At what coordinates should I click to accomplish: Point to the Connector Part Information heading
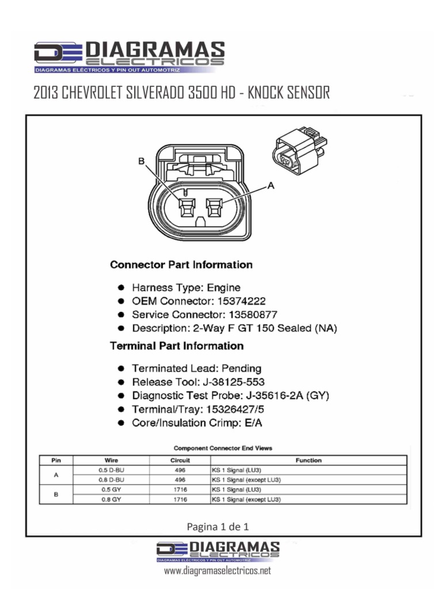click(x=181, y=265)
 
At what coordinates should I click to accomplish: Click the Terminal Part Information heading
click(x=176, y=346)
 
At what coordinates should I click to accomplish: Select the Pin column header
click(x=56, y=460)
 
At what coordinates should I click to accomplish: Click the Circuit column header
click(x=180, y=460)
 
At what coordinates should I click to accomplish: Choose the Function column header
click(x=308, y=460)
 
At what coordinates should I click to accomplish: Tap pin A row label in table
click(x=56, y=475)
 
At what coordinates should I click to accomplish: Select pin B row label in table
click(x=56, y=495)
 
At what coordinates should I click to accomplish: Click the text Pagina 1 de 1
click(x=218, y=526)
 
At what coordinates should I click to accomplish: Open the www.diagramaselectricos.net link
click(x=217, y=571)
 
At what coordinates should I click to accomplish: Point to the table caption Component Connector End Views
click(x=223, y=447)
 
